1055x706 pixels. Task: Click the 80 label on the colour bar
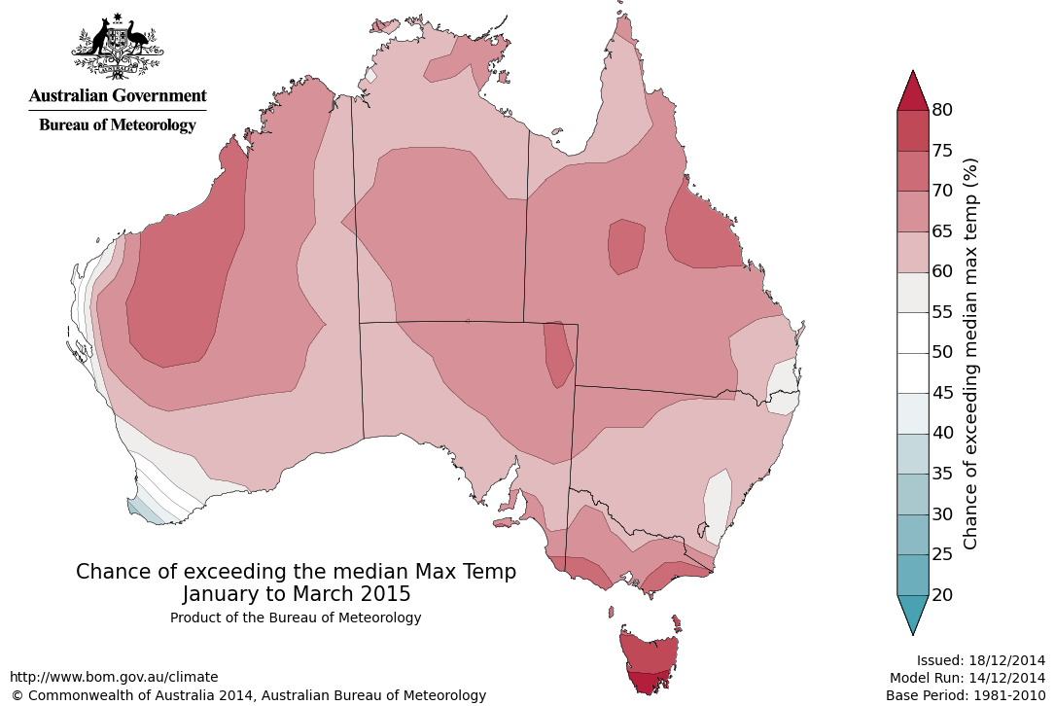coord(941,110)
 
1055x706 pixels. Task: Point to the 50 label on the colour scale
coord(941,352)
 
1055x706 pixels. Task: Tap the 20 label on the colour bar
coord(941,594)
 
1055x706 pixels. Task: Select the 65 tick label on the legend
coord(941,231)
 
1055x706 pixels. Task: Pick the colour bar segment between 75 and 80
coord(912,130)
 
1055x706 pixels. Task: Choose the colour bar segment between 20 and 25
coord(912,574)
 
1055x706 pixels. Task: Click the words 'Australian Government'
coord(118,95)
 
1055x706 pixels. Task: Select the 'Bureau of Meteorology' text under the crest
coord(118,124)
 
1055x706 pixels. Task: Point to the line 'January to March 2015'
coord(296,593)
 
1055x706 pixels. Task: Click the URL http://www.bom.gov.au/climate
coord(114,677)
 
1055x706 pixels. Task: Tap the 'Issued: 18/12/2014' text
coord(980,659)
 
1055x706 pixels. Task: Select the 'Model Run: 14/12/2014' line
coord(967,678)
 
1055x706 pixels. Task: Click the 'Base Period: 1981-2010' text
coord(965,695)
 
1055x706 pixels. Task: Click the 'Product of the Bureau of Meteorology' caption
coord(296,618)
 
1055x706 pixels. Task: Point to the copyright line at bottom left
coord(248,695)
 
